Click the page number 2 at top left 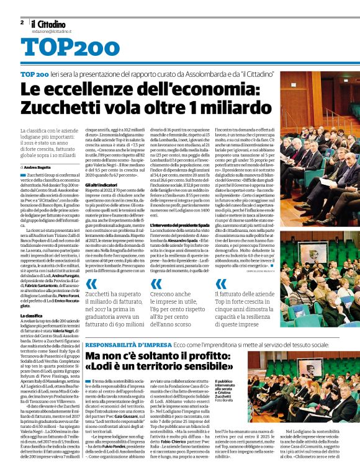[22, 22]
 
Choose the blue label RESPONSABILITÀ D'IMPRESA [121, 344]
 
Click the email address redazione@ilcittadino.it [53, 30]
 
